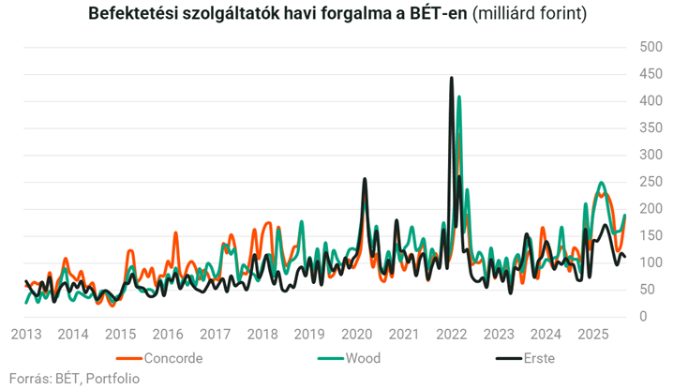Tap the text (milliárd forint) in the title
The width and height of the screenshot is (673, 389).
pos(530,15)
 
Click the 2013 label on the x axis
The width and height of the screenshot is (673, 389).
pos(25,335)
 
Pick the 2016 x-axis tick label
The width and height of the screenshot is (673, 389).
pos(168,335)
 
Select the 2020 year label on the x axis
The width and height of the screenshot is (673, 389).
pos(356,335)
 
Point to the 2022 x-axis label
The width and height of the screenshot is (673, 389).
pos(451,335)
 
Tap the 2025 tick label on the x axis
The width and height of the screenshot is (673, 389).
pos(592,335)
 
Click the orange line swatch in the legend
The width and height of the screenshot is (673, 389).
pos(129,358)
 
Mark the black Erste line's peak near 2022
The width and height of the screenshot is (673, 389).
pos(452,78)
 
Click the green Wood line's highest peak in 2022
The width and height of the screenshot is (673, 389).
pos(459,97)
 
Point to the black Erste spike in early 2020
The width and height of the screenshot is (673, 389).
pos(365,179)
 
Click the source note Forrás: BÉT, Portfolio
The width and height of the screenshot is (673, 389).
pos(74,378)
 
